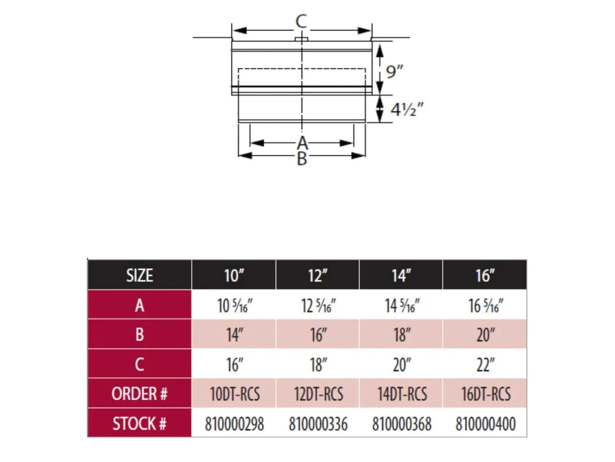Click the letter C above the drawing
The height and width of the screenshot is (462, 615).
pos(301,21)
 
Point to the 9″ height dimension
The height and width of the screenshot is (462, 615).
pos(395,72)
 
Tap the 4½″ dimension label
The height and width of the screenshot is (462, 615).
pos(407,109)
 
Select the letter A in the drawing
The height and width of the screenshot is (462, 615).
pos(302,143)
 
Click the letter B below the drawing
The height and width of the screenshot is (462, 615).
pos(302,159)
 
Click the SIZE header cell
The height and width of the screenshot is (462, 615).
pos(140,275)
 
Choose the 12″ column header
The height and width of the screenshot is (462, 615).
pos(318,275)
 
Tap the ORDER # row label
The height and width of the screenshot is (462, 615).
pos(139,393)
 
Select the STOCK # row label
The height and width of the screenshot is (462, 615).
pos(139,423)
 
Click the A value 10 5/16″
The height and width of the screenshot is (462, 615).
pos(235,306)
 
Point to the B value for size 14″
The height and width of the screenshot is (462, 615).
pos(402,335)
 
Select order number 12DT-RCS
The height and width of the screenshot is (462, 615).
pos(318,394)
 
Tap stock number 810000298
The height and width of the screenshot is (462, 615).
pos(235,424)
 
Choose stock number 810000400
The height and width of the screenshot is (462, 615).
pos(485,424)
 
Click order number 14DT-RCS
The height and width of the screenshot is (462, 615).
pos(402,394)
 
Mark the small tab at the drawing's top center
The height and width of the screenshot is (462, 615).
pos(301,39)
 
